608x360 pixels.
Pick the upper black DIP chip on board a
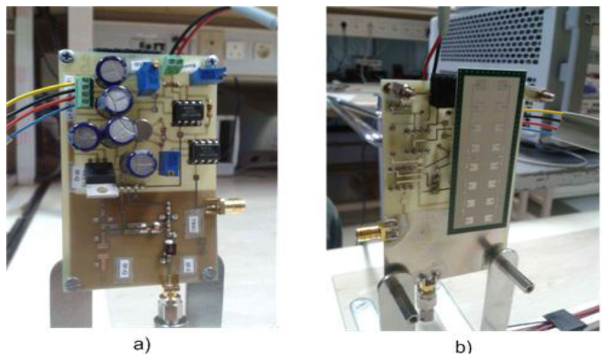click(x=188, y=111)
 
